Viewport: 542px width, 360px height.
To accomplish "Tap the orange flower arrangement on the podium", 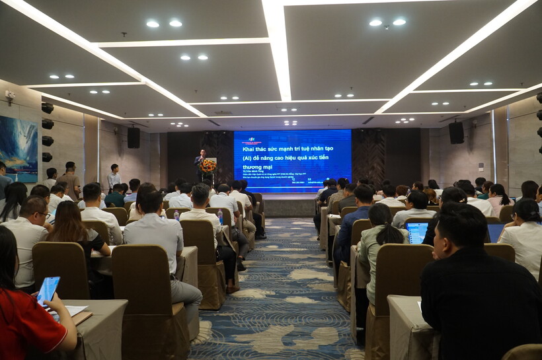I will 208,165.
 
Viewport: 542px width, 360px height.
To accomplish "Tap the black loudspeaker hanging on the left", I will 134,137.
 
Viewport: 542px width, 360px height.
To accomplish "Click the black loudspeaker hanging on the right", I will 456,132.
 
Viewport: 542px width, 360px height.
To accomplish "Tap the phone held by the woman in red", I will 48,289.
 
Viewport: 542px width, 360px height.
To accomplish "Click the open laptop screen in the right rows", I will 417,232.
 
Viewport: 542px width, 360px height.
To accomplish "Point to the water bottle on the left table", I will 220,217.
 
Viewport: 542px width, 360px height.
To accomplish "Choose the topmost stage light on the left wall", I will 48,108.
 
